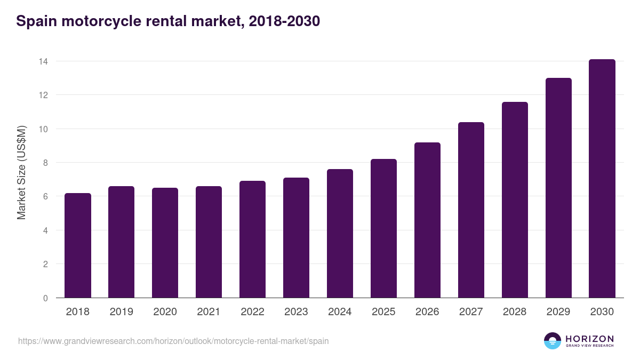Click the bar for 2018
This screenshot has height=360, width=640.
pos(78,245)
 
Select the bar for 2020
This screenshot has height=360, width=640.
pos(165,243)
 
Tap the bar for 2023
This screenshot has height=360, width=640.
pos(296,238)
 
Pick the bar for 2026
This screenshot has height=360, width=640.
pos(427,220)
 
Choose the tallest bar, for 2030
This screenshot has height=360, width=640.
pos(602,179)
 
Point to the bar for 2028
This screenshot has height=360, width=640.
pos(515,200)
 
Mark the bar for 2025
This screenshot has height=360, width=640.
pos(383,228)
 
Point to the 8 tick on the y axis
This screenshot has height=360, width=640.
pos(45,163)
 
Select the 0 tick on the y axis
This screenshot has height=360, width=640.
pos(45,298)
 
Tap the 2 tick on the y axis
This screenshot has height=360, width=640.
pos(45,264)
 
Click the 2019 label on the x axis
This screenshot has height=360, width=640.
pos(121,312)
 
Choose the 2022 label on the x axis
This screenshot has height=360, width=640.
pos(252,312)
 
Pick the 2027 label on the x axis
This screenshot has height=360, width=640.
pos(471,312)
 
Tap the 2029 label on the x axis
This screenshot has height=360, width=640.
pos(558,312)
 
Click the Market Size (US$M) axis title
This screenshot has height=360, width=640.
pos(21,172)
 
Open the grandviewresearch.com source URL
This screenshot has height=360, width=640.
pos(173,341)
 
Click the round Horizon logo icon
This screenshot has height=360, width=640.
pos(553,341)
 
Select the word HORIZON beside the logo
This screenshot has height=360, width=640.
pos(589,339)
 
